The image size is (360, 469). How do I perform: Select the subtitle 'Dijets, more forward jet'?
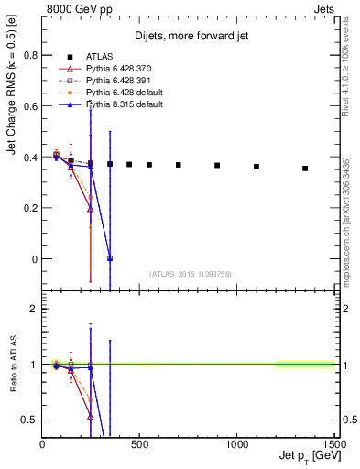point(191,36)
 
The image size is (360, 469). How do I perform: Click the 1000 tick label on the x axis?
point(237,445)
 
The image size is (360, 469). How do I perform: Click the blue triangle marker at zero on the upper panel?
point(110,258)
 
